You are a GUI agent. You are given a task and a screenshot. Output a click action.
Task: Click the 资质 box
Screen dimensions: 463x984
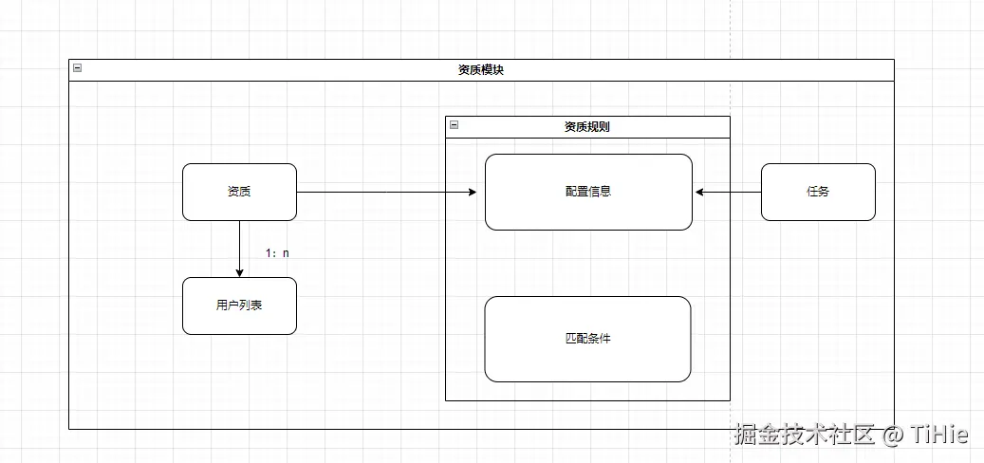pos(239,192)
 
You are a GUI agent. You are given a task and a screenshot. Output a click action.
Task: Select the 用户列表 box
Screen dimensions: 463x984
pos(239,306)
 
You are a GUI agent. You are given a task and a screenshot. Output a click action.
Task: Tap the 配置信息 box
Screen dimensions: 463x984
pos(588,192)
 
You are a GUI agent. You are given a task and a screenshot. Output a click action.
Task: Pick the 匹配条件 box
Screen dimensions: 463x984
pos(587,339)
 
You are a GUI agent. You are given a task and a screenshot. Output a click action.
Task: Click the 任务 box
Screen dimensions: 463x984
pos(818,192)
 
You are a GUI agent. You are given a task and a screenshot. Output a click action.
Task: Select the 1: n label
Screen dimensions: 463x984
pos(277,253)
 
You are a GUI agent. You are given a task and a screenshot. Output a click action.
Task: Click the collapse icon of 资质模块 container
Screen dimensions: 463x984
pos(77,67)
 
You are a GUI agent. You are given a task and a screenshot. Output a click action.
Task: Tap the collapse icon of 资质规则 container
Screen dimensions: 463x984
pos(454,124)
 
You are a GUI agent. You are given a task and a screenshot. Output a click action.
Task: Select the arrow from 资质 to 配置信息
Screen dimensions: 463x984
pos(380,192)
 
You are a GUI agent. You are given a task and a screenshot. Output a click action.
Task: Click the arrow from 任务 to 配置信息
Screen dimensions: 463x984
pos(731,192)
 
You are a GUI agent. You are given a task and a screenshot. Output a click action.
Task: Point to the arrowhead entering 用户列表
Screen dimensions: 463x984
pos(239,272)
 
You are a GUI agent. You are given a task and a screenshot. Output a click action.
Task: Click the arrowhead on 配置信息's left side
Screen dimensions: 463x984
pos(472,192)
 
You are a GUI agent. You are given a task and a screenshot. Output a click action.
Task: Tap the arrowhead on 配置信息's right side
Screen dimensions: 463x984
pos(699,192)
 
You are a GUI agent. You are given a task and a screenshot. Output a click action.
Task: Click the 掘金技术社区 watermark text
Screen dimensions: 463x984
pos(804,435)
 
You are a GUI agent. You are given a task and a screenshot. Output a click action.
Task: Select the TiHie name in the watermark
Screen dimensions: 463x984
pos(938,435)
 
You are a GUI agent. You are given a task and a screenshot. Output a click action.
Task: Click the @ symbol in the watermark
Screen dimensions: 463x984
pos(892,436)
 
